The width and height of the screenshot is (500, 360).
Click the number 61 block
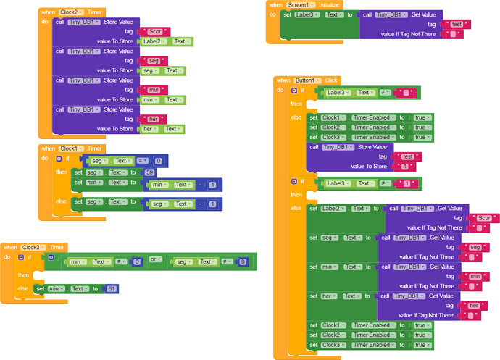coord(112,289)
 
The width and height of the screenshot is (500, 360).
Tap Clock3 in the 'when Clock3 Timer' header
coord(35,247)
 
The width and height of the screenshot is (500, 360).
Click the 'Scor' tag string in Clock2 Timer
coord(155,32)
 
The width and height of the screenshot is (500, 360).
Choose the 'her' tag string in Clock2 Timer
coord(153,119)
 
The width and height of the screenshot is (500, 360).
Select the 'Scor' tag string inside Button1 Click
coord(483,218)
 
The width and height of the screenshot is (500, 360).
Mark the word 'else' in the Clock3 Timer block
coord(23,288)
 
